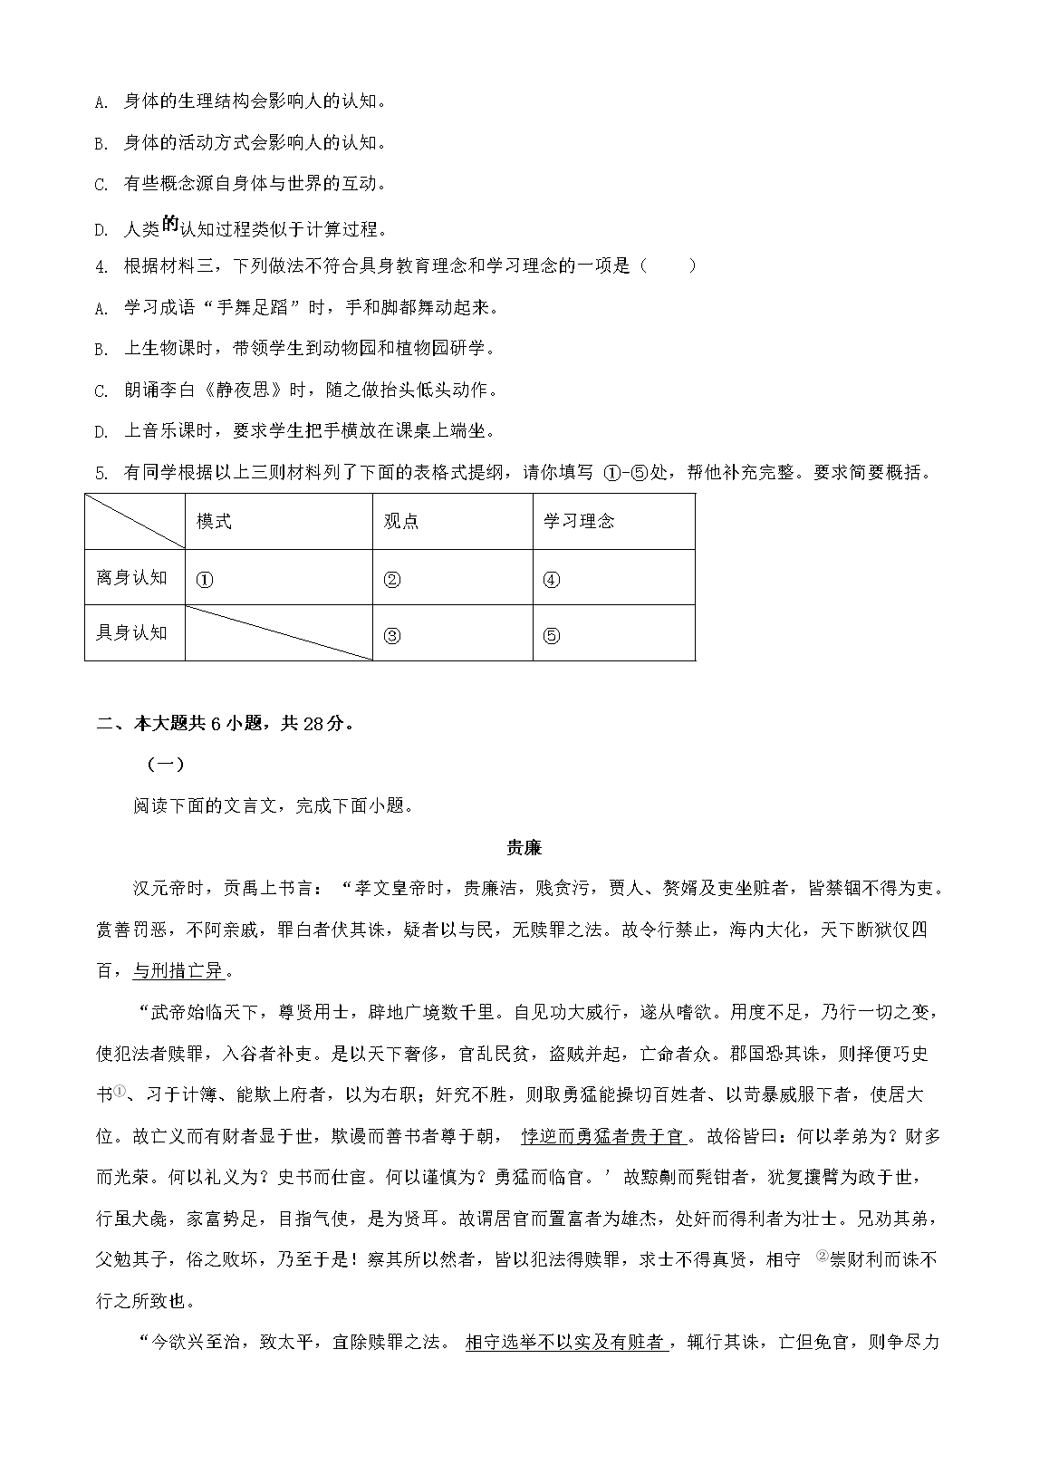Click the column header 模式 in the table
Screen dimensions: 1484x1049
(214, 521)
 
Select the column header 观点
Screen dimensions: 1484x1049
(401, 521)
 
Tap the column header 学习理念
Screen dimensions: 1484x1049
(579, 521)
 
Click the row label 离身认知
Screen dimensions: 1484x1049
(132, 577)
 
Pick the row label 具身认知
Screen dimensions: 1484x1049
(132, 632)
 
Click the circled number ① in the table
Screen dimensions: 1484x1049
(205, 581)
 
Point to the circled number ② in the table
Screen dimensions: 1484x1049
(392, 581)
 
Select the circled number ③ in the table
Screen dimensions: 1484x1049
(392, 636)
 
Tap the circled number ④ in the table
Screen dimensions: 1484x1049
(552, 581)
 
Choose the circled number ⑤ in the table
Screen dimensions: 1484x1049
(552, 636)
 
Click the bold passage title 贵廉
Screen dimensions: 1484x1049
(524, 848)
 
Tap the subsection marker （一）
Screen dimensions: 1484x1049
(165, 765)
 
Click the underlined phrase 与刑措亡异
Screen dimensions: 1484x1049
(178, 971)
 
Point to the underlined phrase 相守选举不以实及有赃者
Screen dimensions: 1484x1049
(566, 1343)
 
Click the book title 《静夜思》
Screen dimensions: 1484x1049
(240, 390)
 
